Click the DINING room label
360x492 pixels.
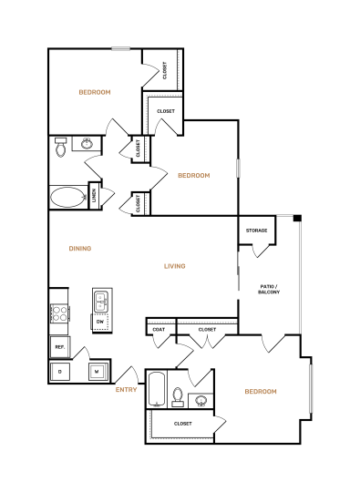click(x=80, y=248)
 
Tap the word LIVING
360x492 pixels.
click(x=174, y=266)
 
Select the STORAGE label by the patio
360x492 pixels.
click(x=256, y=231)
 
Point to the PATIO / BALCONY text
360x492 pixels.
click(x=270, y=289)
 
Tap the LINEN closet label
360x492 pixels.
click(x=93, y=196)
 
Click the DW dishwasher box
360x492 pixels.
click(x=100, y=322)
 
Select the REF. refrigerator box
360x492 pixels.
click(x=59, y=347)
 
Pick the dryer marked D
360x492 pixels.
click(x=60, y=372)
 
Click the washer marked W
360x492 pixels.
click(x=96, y=372)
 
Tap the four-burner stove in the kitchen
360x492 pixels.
click(x=59, y=314)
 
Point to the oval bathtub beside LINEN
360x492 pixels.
click(x=67, y=196)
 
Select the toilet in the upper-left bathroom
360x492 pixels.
click(x=60, y=147)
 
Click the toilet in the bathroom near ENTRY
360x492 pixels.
click(x=179, y=396)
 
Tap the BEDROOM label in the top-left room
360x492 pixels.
click(x=94, y=92)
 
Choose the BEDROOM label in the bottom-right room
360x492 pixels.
click(x=260, y=391)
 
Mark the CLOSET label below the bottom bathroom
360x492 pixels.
click(x=182, y=424)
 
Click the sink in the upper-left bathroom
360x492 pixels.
click(x=87, y=144)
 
